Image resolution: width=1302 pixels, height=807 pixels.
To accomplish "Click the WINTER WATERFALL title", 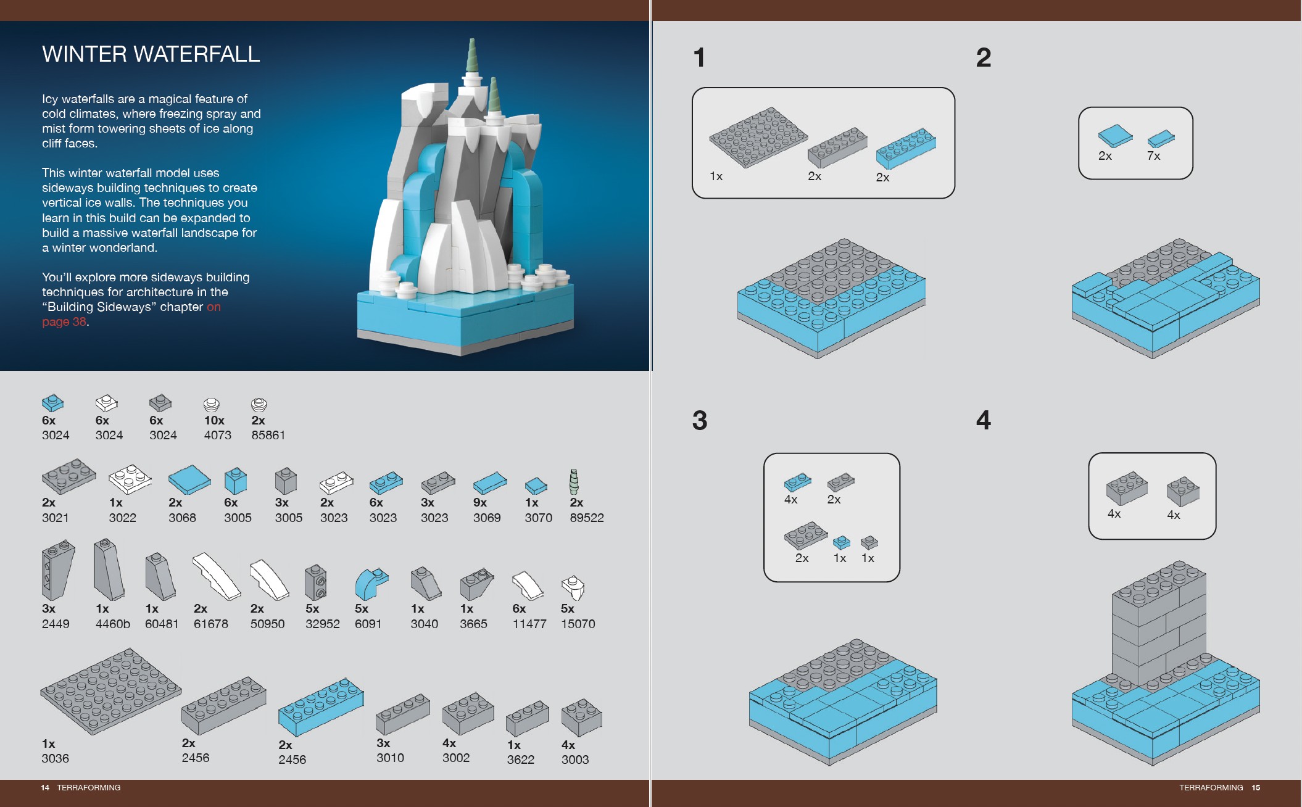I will click(x=151, y=54).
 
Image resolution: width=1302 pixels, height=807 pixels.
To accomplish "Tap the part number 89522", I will click(x=586, y=518).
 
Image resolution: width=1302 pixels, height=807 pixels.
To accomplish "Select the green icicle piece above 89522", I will click(x=574, y=481).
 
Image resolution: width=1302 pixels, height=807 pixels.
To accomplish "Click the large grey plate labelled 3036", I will click(x=111, y=691).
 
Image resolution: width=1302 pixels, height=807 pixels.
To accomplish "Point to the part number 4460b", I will click(x=112, y=624).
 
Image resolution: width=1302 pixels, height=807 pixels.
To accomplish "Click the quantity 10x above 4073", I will click(x=214, y=420).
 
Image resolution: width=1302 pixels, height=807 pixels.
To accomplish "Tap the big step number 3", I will click(x=699, y=421).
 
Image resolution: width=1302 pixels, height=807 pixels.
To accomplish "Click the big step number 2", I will click(x=984, y=58).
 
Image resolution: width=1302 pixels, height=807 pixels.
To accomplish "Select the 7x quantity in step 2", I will click(x=1153, y=156).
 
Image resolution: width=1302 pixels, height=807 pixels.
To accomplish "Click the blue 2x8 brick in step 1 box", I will click(x=906, y=148).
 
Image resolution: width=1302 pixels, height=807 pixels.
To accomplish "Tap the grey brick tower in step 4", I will click(x=1158, y=623).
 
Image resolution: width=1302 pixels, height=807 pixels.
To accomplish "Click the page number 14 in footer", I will click(x=45, y=787).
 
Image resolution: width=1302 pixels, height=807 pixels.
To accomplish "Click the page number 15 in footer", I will click(x=1256, y=787).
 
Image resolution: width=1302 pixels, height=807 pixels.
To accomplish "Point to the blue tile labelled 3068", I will click(x=189, y=479).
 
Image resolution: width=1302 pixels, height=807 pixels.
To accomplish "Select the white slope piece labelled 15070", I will click(x=573, y=587).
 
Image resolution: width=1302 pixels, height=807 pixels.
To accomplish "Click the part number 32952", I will click(x=322, y=624).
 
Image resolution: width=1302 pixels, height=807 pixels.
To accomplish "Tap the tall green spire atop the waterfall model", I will click(x=472, y=56).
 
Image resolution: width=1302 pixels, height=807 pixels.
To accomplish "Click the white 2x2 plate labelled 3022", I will click(x=130, y=479).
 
